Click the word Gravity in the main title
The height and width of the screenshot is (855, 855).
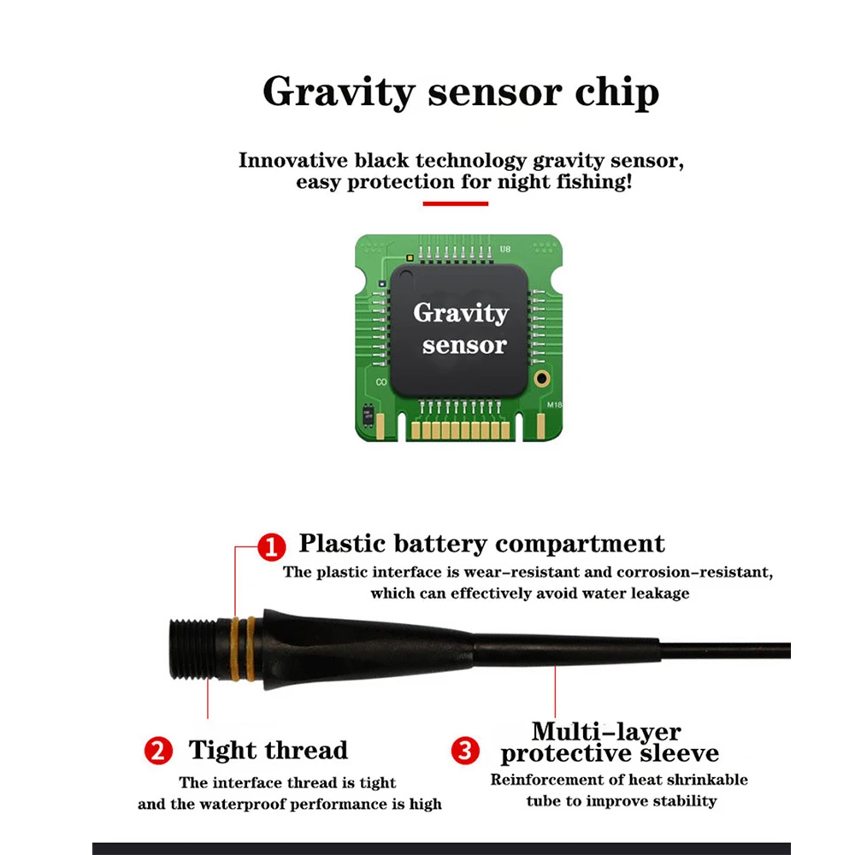tap(339, 92)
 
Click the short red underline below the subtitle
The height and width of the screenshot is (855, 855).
tap(456, 204)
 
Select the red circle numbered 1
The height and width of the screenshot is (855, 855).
tap(272, 547)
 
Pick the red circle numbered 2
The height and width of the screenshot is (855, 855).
tap(158, 751)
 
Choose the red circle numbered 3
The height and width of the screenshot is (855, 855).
tap(465, 751)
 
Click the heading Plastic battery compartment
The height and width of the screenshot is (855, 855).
tap(482, 544)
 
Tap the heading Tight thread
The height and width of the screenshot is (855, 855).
tap(268, 751)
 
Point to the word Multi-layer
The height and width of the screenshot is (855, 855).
tap(606, 731)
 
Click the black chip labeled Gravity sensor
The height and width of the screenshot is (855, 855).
tap(459, 330)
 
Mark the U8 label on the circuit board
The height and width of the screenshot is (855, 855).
tap(505, 249)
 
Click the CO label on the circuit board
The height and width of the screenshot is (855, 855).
tap(381, 382)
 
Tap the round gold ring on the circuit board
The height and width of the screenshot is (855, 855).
tap(542, 379)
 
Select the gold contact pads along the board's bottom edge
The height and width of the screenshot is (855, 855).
tap(461, 431)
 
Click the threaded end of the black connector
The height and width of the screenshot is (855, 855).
tap(192, 650)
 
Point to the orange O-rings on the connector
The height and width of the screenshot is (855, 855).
tap(243, 649)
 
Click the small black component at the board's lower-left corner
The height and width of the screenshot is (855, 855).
tap(369, 416)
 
